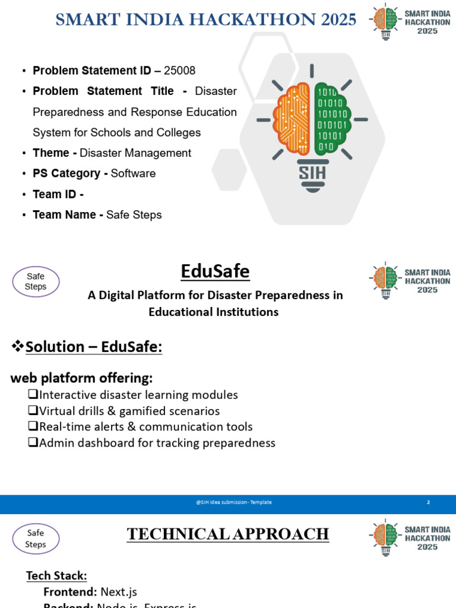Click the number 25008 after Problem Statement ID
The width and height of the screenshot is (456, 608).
pos(179,71)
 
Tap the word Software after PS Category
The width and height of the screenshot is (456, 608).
pos(133,173)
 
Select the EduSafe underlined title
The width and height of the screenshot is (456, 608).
pos(215,272)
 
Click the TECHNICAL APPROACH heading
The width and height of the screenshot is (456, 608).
pos(228,534)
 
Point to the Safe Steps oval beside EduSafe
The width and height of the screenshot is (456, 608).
pos(36,281)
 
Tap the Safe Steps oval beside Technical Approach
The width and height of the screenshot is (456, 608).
pos(36,539)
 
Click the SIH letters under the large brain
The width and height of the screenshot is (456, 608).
pos(312,172)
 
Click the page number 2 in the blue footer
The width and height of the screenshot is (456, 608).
pos(428,502)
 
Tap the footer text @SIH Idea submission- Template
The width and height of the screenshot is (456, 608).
pos(233,502)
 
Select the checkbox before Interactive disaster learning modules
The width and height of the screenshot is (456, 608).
pos(33,395)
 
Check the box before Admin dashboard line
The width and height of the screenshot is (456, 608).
pos(33,443)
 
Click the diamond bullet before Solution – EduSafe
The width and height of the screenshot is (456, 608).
pos(18,346)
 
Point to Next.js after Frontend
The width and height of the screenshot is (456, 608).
pos(119,591)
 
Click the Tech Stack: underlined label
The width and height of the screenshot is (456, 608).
pos(56,575)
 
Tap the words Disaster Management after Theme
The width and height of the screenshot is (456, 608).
pos(135,153)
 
